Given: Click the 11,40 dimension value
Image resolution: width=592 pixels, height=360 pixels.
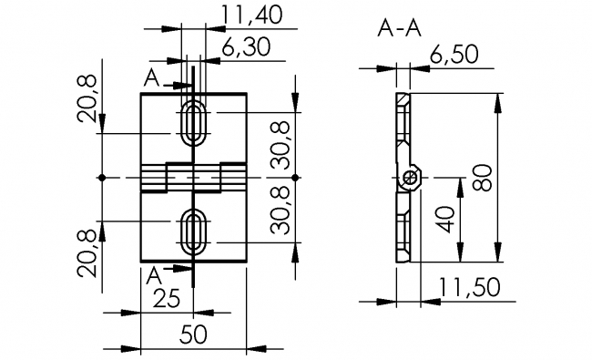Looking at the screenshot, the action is tap(251, 15).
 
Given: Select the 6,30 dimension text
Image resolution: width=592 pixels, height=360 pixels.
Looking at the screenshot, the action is tap(246, 47).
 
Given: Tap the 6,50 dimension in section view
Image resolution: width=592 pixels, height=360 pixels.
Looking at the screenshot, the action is tap(454, 54).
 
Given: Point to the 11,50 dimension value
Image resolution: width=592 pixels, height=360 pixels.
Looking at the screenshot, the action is tap(470, 287).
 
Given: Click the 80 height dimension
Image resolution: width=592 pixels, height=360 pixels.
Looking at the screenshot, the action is tap(482, 178).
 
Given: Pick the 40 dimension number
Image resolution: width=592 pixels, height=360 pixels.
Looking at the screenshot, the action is tap(444, 220).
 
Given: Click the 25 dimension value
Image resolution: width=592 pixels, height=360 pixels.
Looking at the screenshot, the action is tap(167, 299).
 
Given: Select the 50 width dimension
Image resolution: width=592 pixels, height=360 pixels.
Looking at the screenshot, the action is tap(193, 334).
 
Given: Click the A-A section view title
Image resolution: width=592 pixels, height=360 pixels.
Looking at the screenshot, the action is tap(399, 28).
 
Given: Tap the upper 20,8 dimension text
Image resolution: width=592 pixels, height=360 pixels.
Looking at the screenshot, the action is tap(87, 98).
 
